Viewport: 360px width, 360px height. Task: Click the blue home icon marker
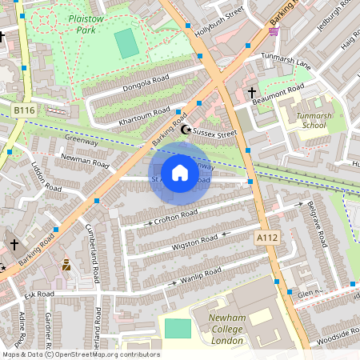[180, 173]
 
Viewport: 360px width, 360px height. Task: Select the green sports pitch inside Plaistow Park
[126, 43]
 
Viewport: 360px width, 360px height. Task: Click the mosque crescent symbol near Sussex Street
[186, 130]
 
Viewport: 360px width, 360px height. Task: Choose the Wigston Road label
[195, 241]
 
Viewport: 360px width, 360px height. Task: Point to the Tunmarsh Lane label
[286, 63]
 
